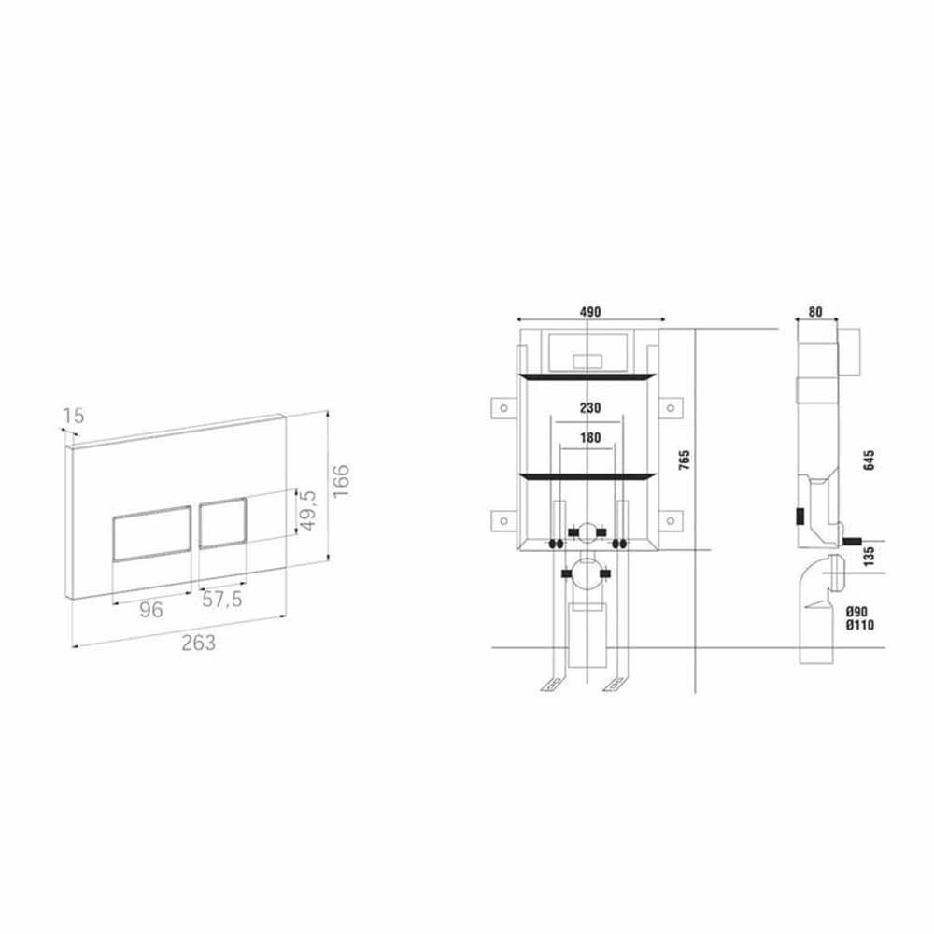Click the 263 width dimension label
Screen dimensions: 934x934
(198, 643)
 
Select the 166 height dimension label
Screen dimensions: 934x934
(341, 482)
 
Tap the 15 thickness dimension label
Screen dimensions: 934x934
(74, 416)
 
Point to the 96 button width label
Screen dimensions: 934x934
(150, 609)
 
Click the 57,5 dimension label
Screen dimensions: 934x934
(222, 600)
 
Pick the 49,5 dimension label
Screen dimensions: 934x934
(308, 511)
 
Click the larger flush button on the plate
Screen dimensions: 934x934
(152, 533)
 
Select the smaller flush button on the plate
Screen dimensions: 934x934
(223, 522)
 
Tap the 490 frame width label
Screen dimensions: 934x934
(590, 312)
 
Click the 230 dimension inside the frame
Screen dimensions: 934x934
(589, 408)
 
